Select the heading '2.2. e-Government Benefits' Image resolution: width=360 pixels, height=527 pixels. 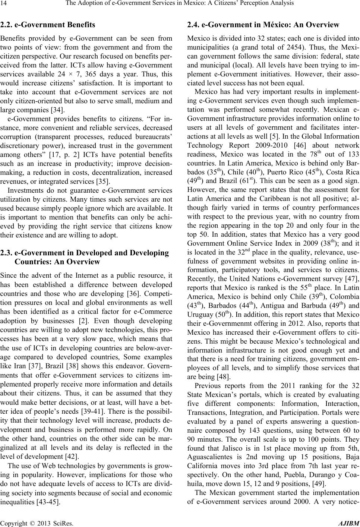click(48, 25)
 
